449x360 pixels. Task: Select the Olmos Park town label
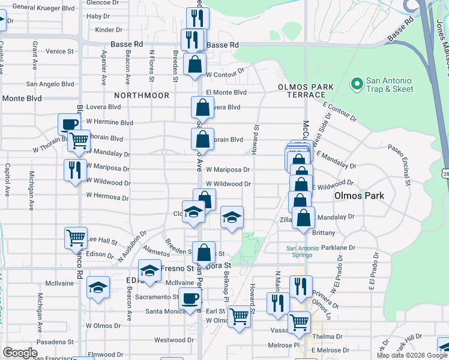pos(358,196)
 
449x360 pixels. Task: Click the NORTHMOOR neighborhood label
pos(142,95)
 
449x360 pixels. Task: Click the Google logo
pos(20,352)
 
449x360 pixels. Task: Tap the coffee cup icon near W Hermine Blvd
pos(69,124)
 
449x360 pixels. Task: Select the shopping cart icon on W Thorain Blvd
pos(79,140)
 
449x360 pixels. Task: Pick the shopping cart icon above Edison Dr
pos(76,237)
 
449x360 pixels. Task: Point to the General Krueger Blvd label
pos(43,7)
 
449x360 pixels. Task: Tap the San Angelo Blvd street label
pos(50,85)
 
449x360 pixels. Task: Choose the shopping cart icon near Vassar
pos(299,322)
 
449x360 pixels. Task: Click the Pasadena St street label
pos(55,341)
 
